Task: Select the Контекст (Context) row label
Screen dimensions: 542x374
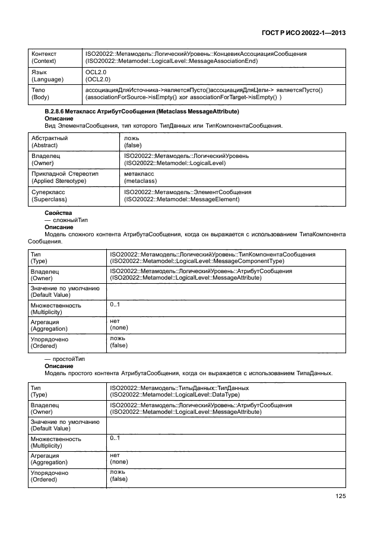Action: click(x=45, y=58)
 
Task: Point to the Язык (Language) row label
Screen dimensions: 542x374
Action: click(x=44, y=75)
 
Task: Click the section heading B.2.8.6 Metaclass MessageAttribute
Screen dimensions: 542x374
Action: click(x=142, y=112)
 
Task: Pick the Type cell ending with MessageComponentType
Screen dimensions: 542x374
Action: click(x=213, y=258)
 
